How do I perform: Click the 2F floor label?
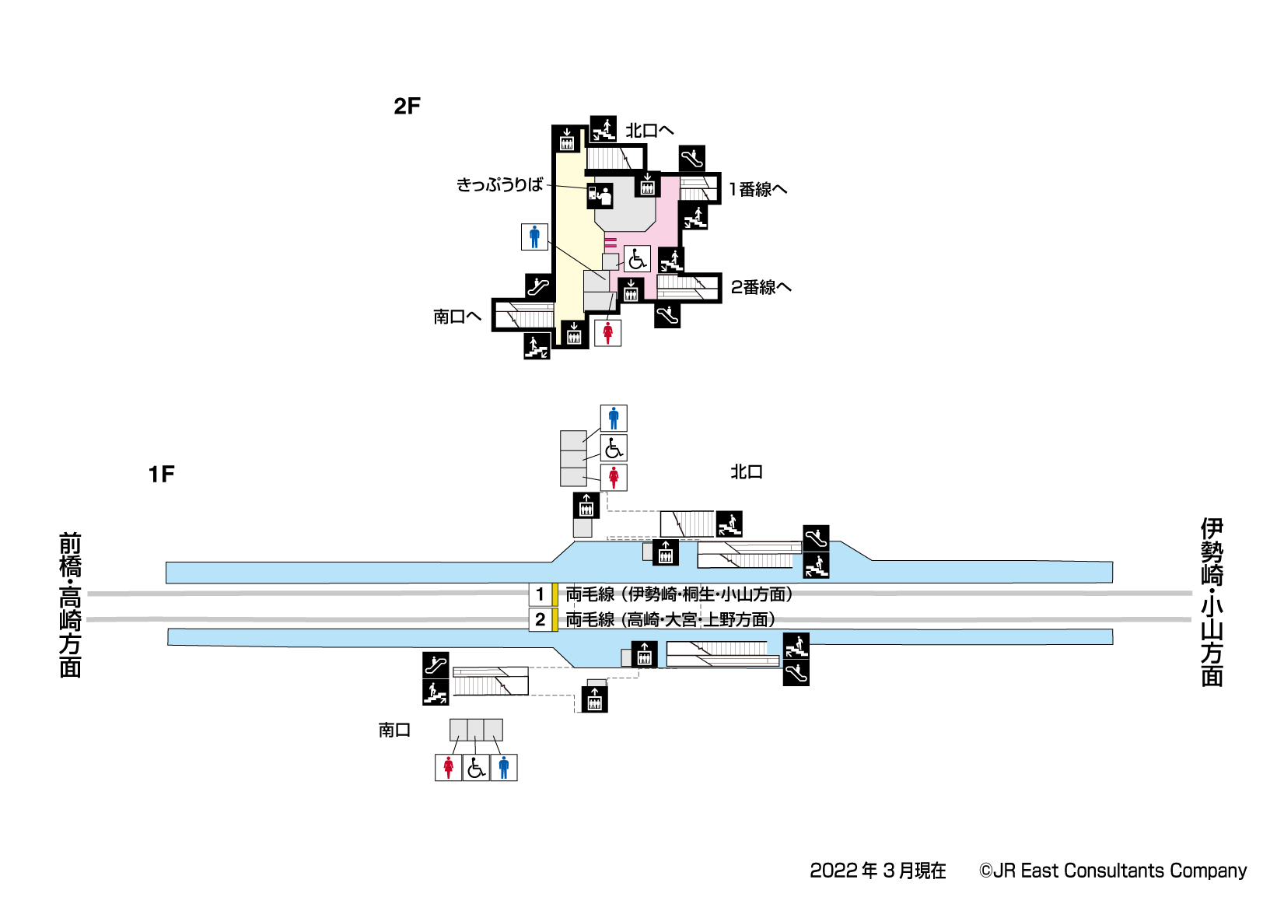407,107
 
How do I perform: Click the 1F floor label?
162,475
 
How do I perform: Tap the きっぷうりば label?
499,185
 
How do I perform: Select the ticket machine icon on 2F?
600,195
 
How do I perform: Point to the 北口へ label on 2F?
649,131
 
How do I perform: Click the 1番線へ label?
757,189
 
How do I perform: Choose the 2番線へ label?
761,288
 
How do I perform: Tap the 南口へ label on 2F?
457,317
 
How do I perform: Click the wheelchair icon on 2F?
637,258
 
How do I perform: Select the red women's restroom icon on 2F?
608,333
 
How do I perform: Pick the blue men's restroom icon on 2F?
534,237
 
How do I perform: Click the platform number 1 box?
541,594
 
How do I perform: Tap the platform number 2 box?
541,620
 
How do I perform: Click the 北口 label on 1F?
747,471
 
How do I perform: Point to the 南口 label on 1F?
394,730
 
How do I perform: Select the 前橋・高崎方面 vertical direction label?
71,604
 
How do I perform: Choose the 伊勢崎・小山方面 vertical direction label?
1212,602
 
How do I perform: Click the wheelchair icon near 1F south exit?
476,768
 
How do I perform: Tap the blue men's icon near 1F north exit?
614,419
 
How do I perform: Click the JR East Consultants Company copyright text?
1112,871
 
